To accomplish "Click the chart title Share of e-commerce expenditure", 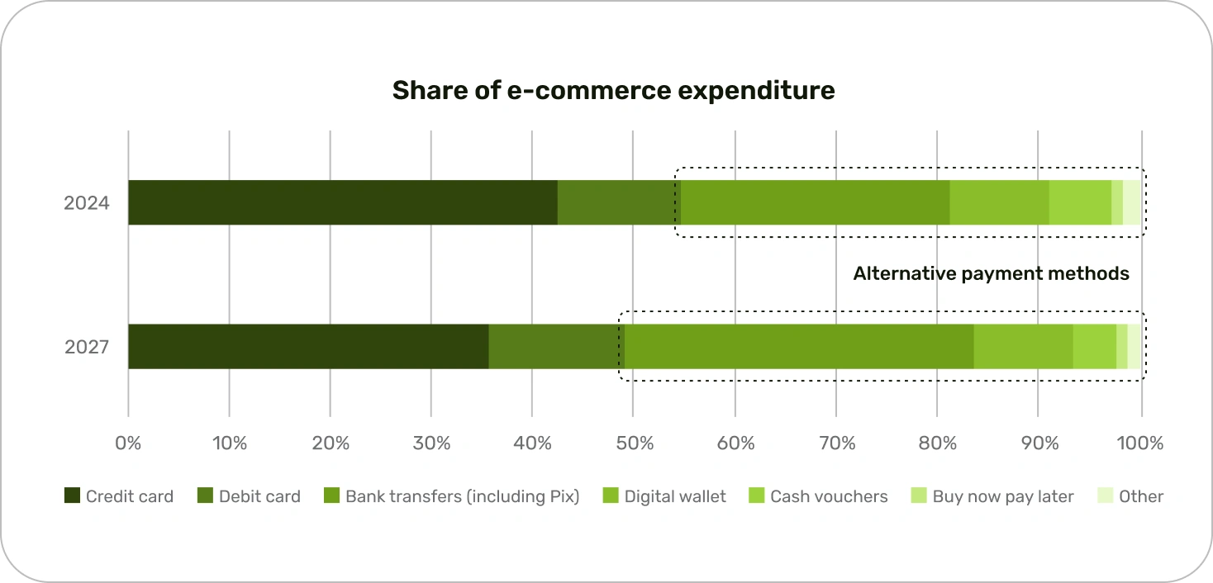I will tap(613, 90).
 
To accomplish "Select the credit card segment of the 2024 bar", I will tap(342, 202).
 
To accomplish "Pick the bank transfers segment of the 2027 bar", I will tap(799, 346).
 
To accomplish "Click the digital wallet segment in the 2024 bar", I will tap(999, 202).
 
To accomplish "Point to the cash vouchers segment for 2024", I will tap(1080, 202).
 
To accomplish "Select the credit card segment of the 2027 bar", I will tap(308, 346).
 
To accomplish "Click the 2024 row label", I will tap(87, 202).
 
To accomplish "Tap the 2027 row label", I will tap(87, 347).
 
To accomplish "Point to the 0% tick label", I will tap(128, 443).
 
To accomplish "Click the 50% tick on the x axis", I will tap(634, 443).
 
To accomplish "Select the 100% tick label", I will tap(1141, 443).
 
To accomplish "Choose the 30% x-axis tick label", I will tap(431, 443).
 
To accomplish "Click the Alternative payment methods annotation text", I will tap(991, 273).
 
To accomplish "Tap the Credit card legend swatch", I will tap(73, 496).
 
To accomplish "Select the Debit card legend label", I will tap(259, 496).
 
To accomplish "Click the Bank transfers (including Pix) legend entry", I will tap(462, 496).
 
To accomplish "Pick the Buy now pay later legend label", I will tap(1002, 496).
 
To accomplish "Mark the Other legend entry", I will tap(1140, 496).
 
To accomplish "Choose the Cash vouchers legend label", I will tap(829, 496).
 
